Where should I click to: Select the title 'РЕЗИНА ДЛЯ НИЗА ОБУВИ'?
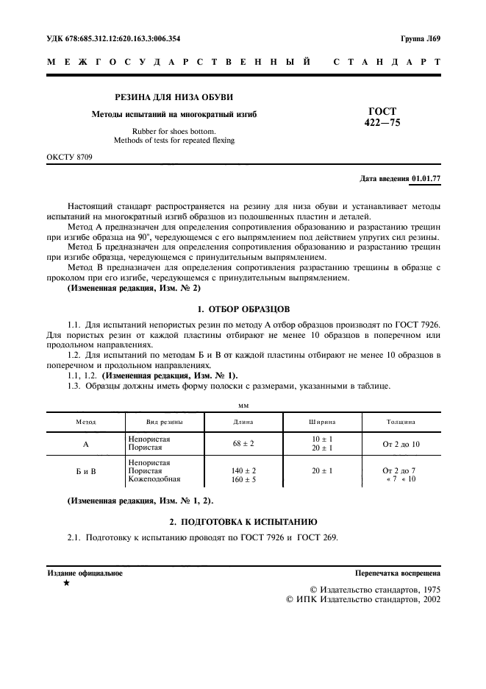174,98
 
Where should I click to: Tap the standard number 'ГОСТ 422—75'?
382,117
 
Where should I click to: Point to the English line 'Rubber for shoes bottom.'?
174,130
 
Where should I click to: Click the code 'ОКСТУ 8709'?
71,158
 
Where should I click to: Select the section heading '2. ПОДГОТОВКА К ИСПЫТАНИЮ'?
243,520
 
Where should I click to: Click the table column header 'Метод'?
87,422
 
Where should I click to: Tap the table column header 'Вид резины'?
163,422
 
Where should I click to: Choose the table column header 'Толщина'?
401,422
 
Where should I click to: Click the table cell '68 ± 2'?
243,444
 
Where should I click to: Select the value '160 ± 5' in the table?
243,478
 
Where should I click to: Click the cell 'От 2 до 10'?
401,444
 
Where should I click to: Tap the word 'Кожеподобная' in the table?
154,479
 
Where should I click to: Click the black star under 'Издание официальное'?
66,584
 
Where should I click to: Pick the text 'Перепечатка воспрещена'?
397,572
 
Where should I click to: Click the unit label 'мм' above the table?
243,405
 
